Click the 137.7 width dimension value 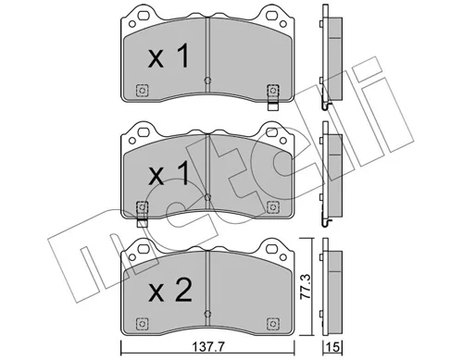click(207, 348)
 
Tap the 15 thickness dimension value click(333, 348)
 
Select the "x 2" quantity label click(169, 291)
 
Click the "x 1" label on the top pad click(169, 56)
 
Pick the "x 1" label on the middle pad click(169, 173)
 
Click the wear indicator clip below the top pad click(272, 106)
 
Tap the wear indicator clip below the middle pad click(142, 222)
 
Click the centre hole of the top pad click(207, 81)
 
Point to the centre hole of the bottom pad click(207, 313)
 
